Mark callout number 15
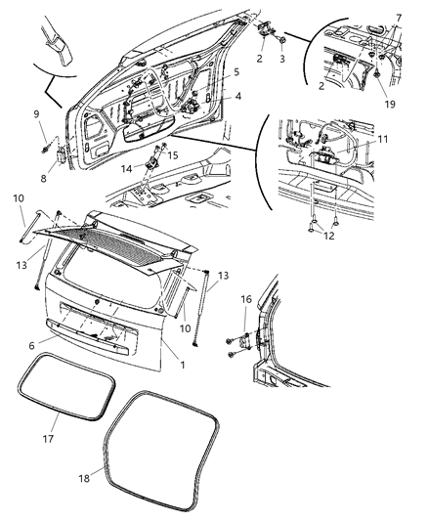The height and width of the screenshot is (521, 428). [172, 155]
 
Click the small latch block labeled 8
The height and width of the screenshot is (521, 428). [63, 154]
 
